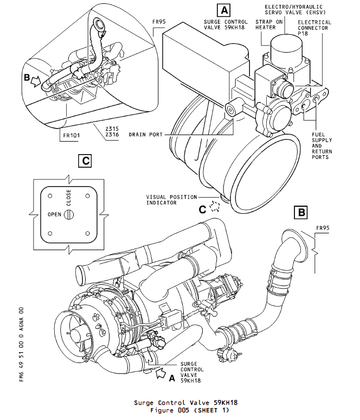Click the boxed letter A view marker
pyautogui.click(x=223, y=9)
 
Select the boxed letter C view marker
pyautogui.click(x=84, y=161)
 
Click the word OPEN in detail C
pyautogui.click(x=54, y=214)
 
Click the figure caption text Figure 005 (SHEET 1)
pyautogui.click(x=190, y=410)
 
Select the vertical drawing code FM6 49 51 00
pyautogui.click(x=21, y=345)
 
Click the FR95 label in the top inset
pyautogui.click(x=159, y=23)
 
